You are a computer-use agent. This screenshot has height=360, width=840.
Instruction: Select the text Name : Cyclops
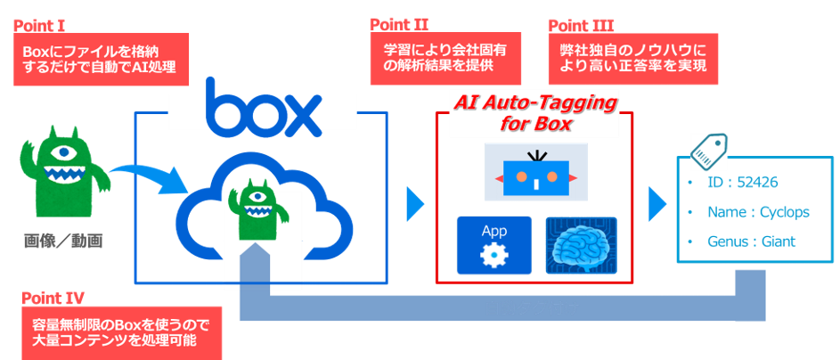pyautogui.click(x=746, y=212)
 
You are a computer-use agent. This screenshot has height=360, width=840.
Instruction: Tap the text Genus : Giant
pyautogui.click(x=746, y=241)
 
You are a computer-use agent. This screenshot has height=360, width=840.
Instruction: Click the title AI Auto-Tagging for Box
pyautogui.click(x=534, y=113)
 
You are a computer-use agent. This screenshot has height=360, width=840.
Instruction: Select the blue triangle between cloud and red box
pyautogui.click(x=414, y=205)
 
